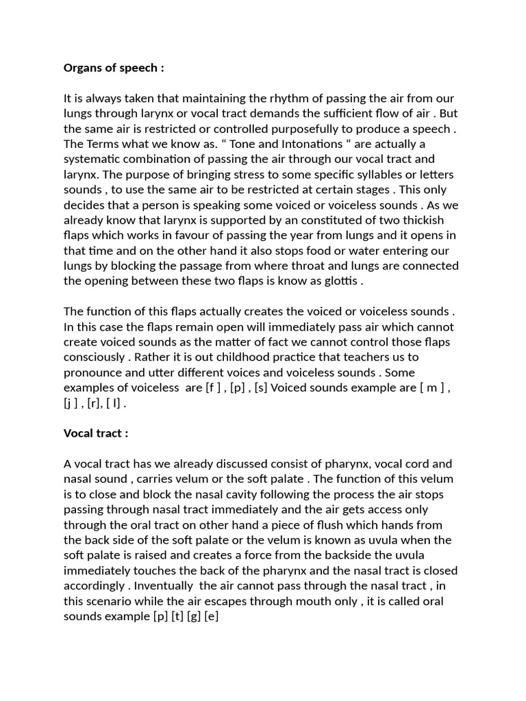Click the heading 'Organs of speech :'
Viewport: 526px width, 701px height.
(114, 68)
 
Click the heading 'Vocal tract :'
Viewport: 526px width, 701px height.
(96, 433)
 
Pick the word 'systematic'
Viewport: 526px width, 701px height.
(91, 159)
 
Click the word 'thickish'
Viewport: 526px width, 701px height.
(421, 220)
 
